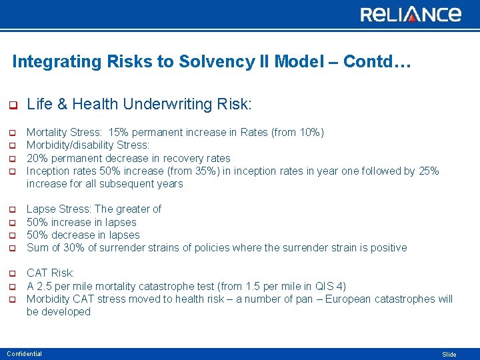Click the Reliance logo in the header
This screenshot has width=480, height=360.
411,14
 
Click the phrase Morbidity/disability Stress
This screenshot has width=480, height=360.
87,145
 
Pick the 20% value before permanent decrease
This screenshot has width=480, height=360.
37,158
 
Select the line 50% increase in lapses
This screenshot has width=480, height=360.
81,222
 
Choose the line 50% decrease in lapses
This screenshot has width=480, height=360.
83,235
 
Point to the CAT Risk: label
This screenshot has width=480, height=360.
51,273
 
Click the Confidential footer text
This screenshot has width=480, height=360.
25,354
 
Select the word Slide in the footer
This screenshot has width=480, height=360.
449,355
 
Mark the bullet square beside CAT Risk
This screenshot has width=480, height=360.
11,273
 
